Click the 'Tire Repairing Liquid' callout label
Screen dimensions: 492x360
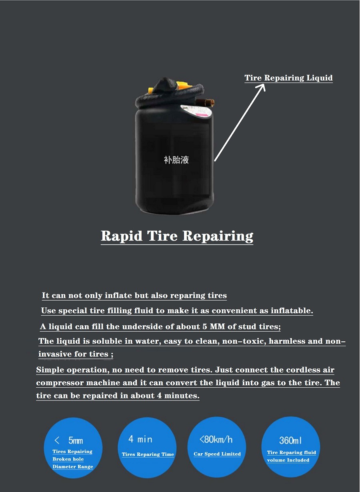[x=288, y=78]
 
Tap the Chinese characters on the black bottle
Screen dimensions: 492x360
[x=176, y=160]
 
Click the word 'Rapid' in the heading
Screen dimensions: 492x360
[x=122, y=236]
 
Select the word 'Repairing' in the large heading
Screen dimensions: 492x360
[x=218, y=236]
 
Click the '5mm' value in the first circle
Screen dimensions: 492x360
[x=76, y=440]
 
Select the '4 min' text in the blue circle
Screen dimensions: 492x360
[x=140, y=439]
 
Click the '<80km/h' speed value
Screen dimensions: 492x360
[x=216, y=440]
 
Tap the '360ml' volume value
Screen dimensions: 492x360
[x=291, y=440]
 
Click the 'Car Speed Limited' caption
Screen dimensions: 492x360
[x=217, y=454]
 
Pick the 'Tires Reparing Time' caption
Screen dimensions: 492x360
[x=148, y=454]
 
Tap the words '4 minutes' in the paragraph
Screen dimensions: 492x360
[x=176, y=396]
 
